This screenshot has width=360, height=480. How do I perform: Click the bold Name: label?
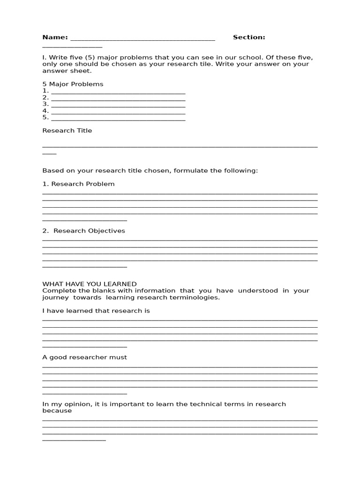coord(55,37)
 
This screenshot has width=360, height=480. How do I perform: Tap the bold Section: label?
coord(249,37)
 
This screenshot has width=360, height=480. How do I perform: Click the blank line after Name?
coord(142,39)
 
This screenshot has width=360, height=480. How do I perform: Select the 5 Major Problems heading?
coord(73,84)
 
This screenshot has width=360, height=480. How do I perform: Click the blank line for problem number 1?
coord(118,92)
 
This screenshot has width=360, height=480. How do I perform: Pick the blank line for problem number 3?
coord(118,105)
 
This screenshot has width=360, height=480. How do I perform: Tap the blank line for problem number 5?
coord(118,119)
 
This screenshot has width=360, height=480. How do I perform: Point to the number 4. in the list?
coord(45,111)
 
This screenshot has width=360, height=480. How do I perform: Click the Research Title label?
coord(67,130)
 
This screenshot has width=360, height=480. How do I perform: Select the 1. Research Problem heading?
coord(78,184)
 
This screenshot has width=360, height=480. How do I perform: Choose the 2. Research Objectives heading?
coord(83,231)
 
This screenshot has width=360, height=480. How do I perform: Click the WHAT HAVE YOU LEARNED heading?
coord(90,284)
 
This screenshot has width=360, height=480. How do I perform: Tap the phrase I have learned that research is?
coord(96,311)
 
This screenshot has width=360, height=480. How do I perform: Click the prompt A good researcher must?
coord(84,357)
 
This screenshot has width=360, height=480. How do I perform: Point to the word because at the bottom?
coord(57,411)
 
